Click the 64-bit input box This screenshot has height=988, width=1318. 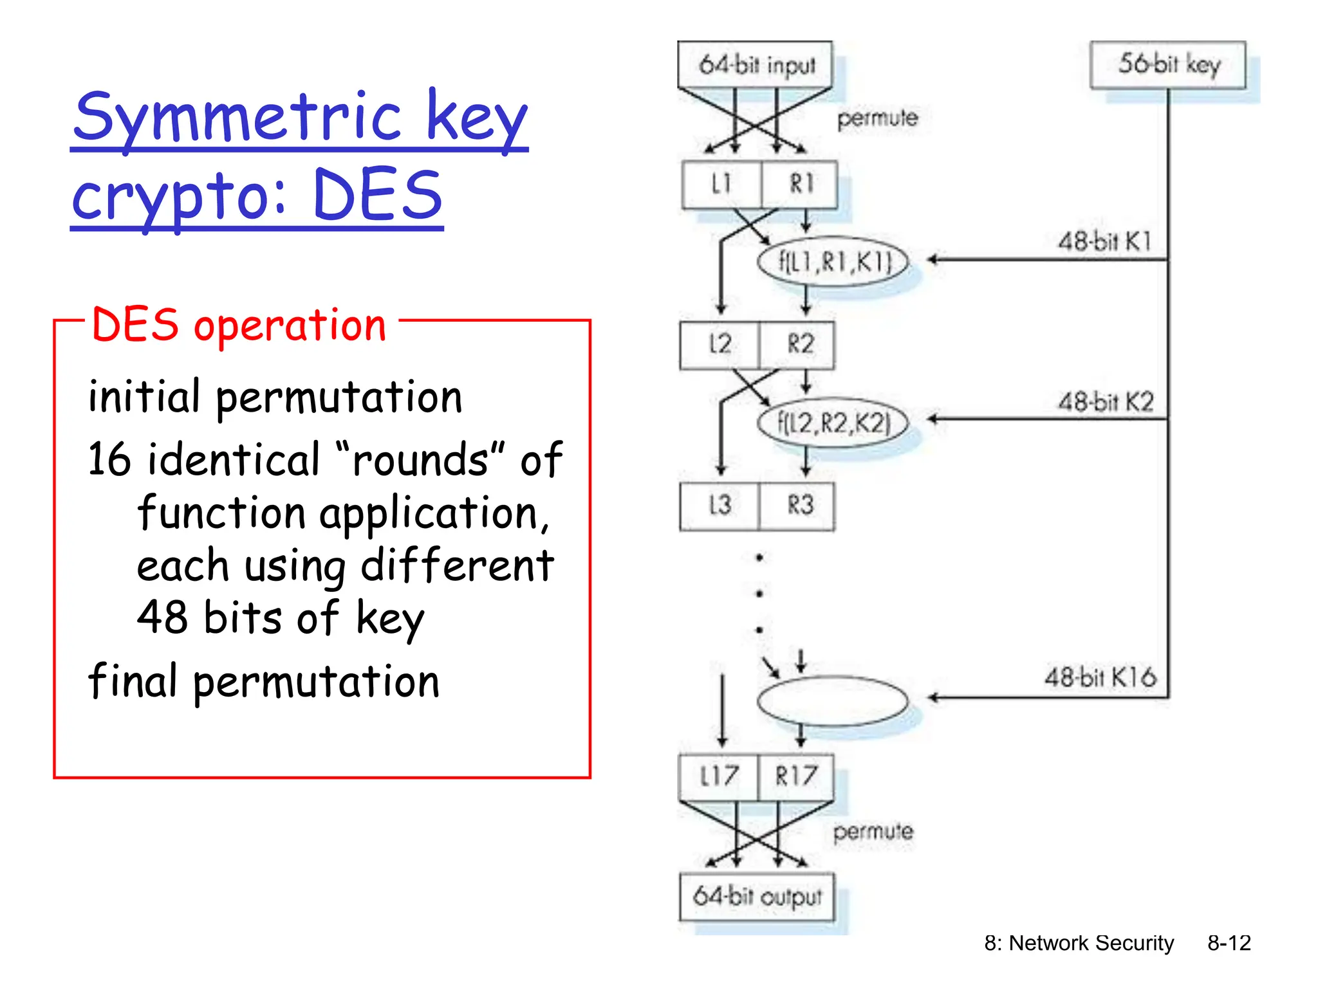click(755, 65)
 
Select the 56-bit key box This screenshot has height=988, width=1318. click(1167, 65)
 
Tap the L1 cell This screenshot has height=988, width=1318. click(721, 185)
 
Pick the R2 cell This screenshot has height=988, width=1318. click(799, 345)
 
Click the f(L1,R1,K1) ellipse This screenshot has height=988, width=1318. click(833, 262)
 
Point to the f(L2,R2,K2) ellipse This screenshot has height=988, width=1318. click(833, 423)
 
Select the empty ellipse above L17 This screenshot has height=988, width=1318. click(833, 700)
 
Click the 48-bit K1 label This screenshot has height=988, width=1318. click(1104, 242)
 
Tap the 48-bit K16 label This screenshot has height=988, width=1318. click(1100, 677)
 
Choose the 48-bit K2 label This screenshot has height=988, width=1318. click(1106, 403)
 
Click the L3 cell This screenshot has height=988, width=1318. click(719, 506)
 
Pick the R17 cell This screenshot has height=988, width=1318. click(796, 776)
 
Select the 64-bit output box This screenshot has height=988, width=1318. click(757, 896)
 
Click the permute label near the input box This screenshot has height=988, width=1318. click(877, 118)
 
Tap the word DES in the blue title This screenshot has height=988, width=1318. click(378, 195)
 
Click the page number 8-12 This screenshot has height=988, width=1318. click(1229, 943)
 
